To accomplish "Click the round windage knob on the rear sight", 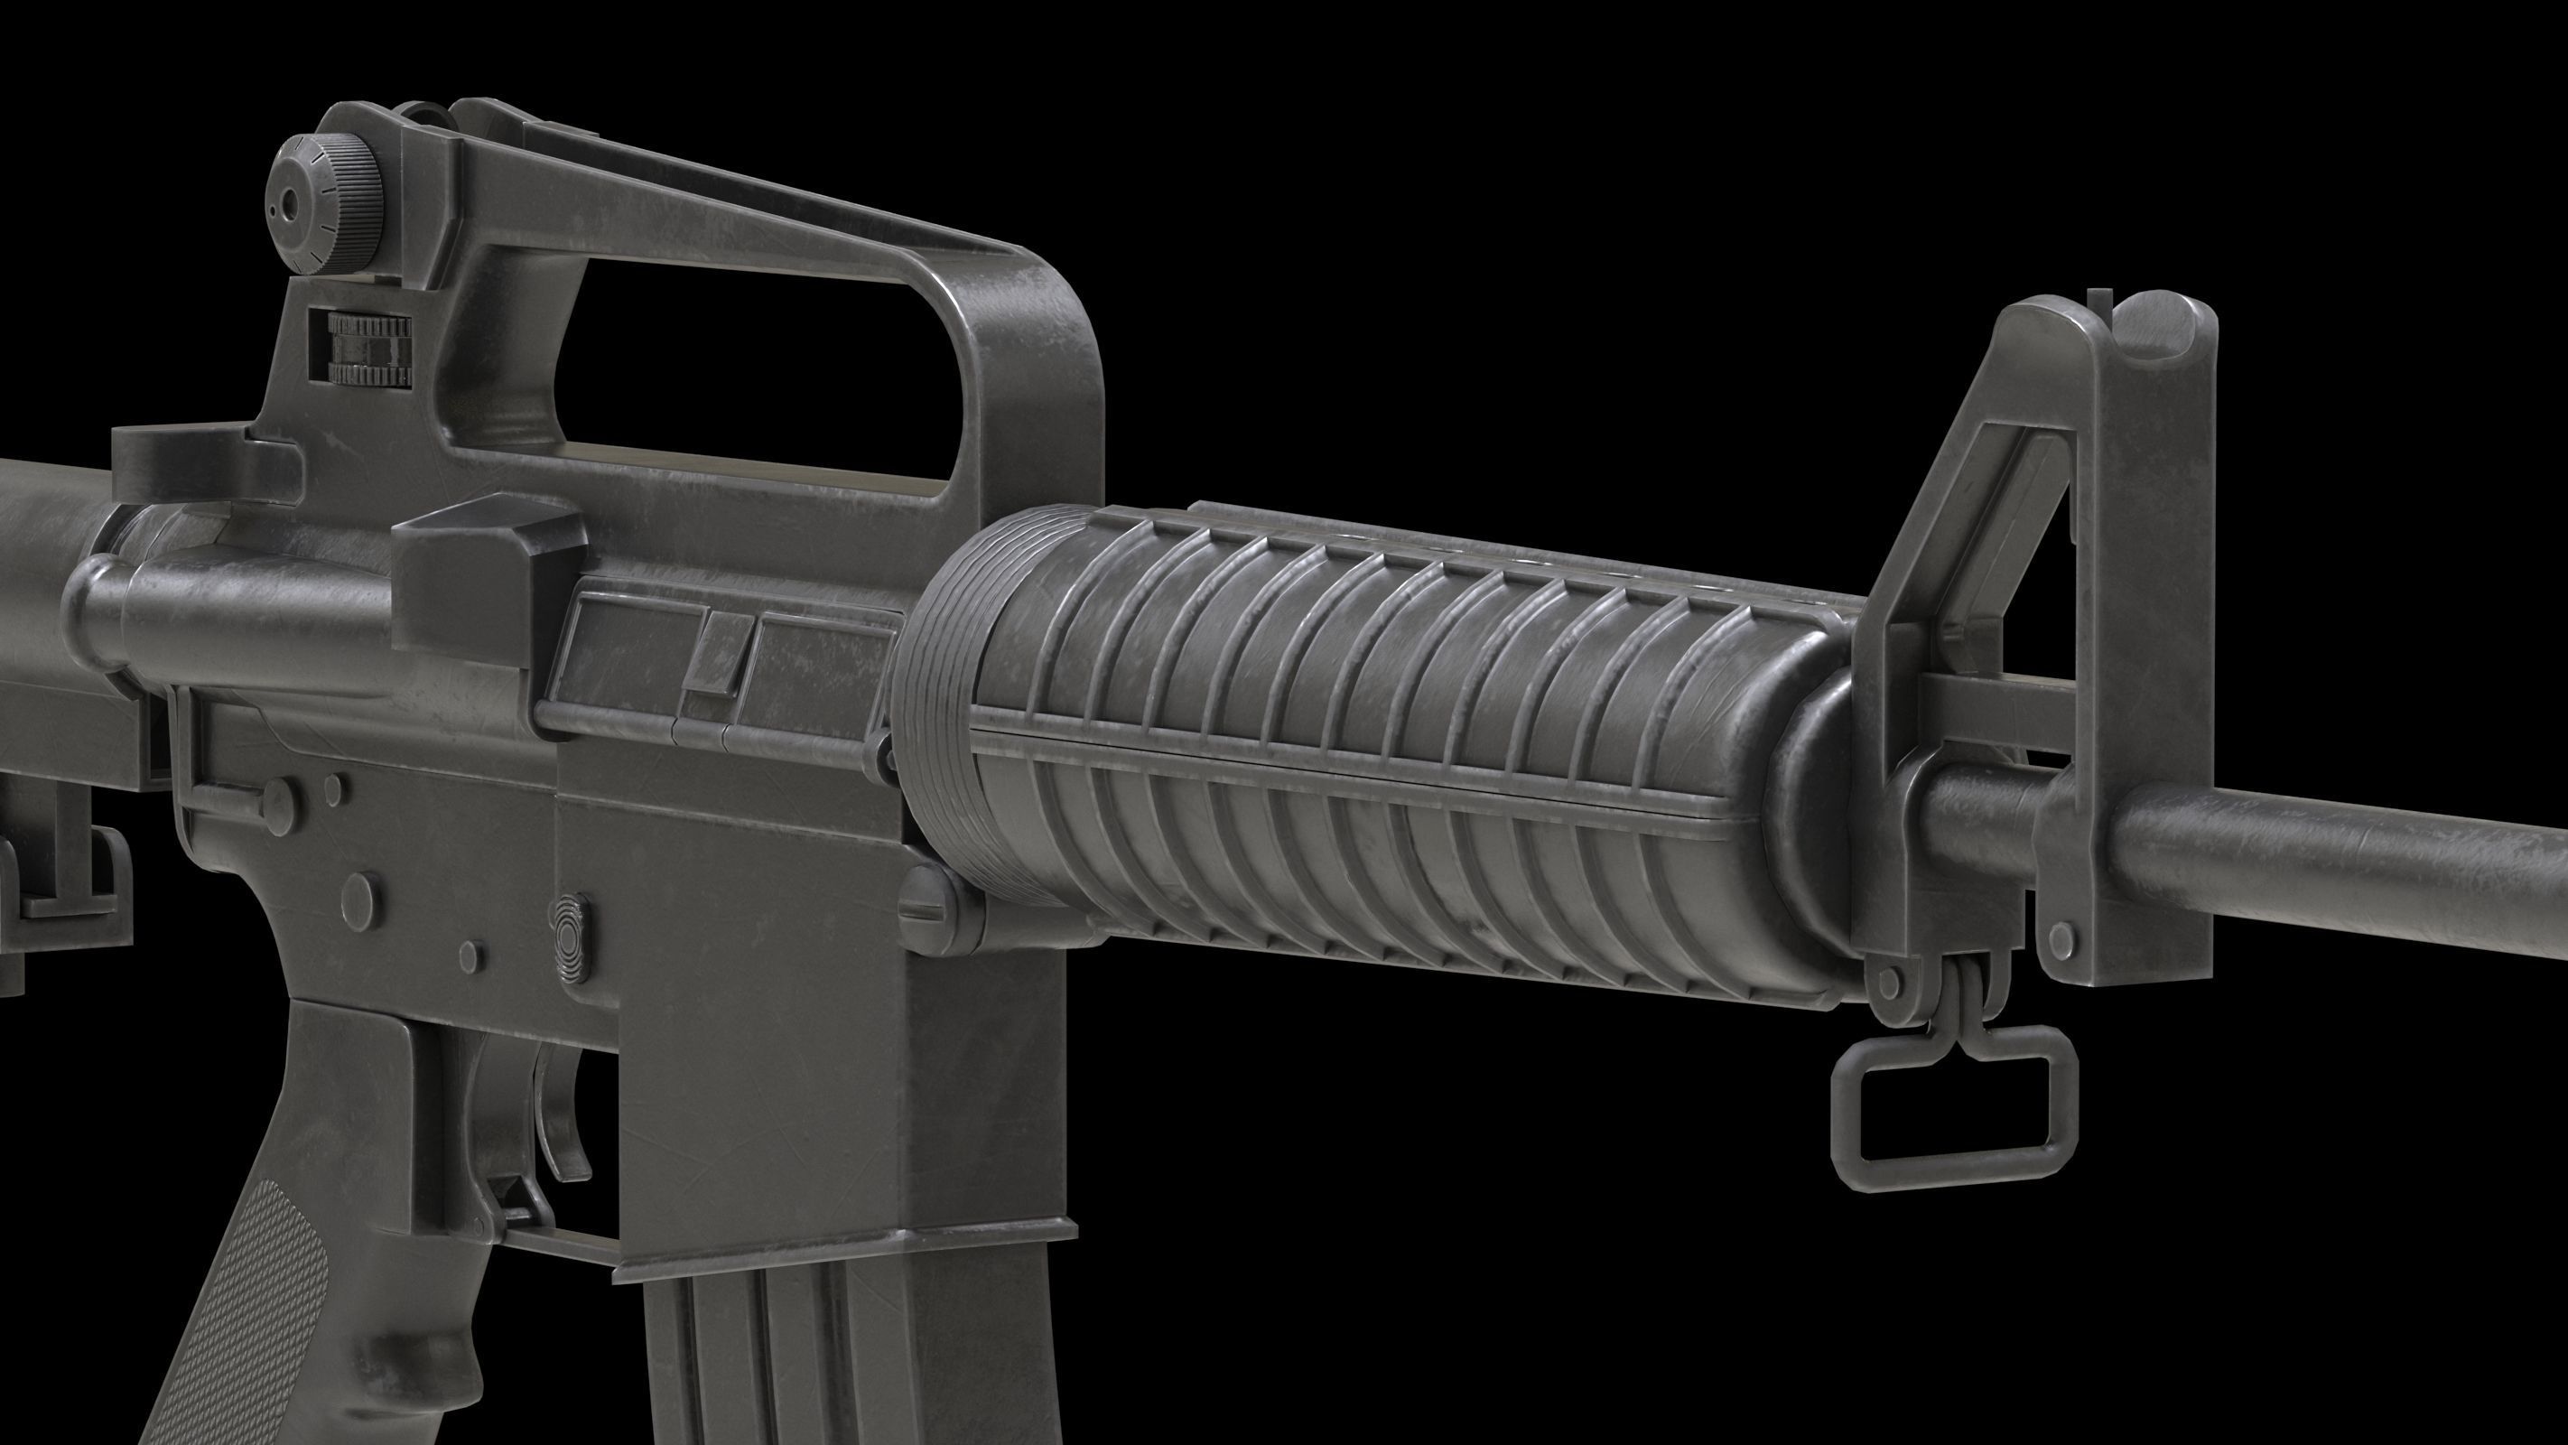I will [x=328, y=200].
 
